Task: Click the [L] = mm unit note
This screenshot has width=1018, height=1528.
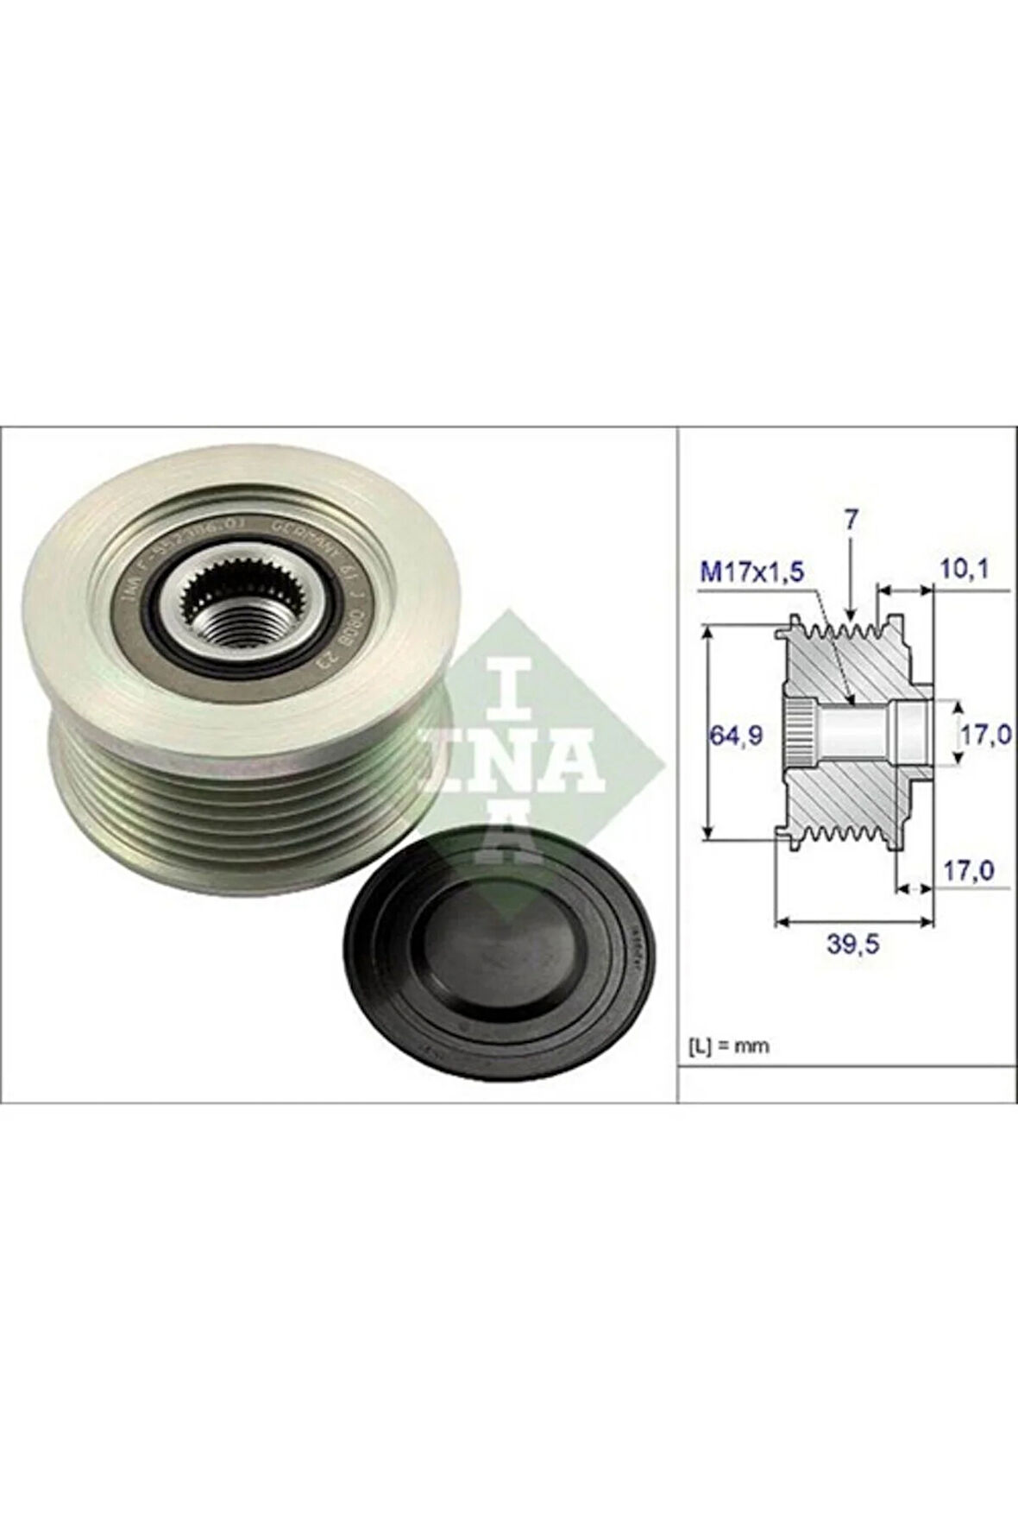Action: click(x=728, y=1046)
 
